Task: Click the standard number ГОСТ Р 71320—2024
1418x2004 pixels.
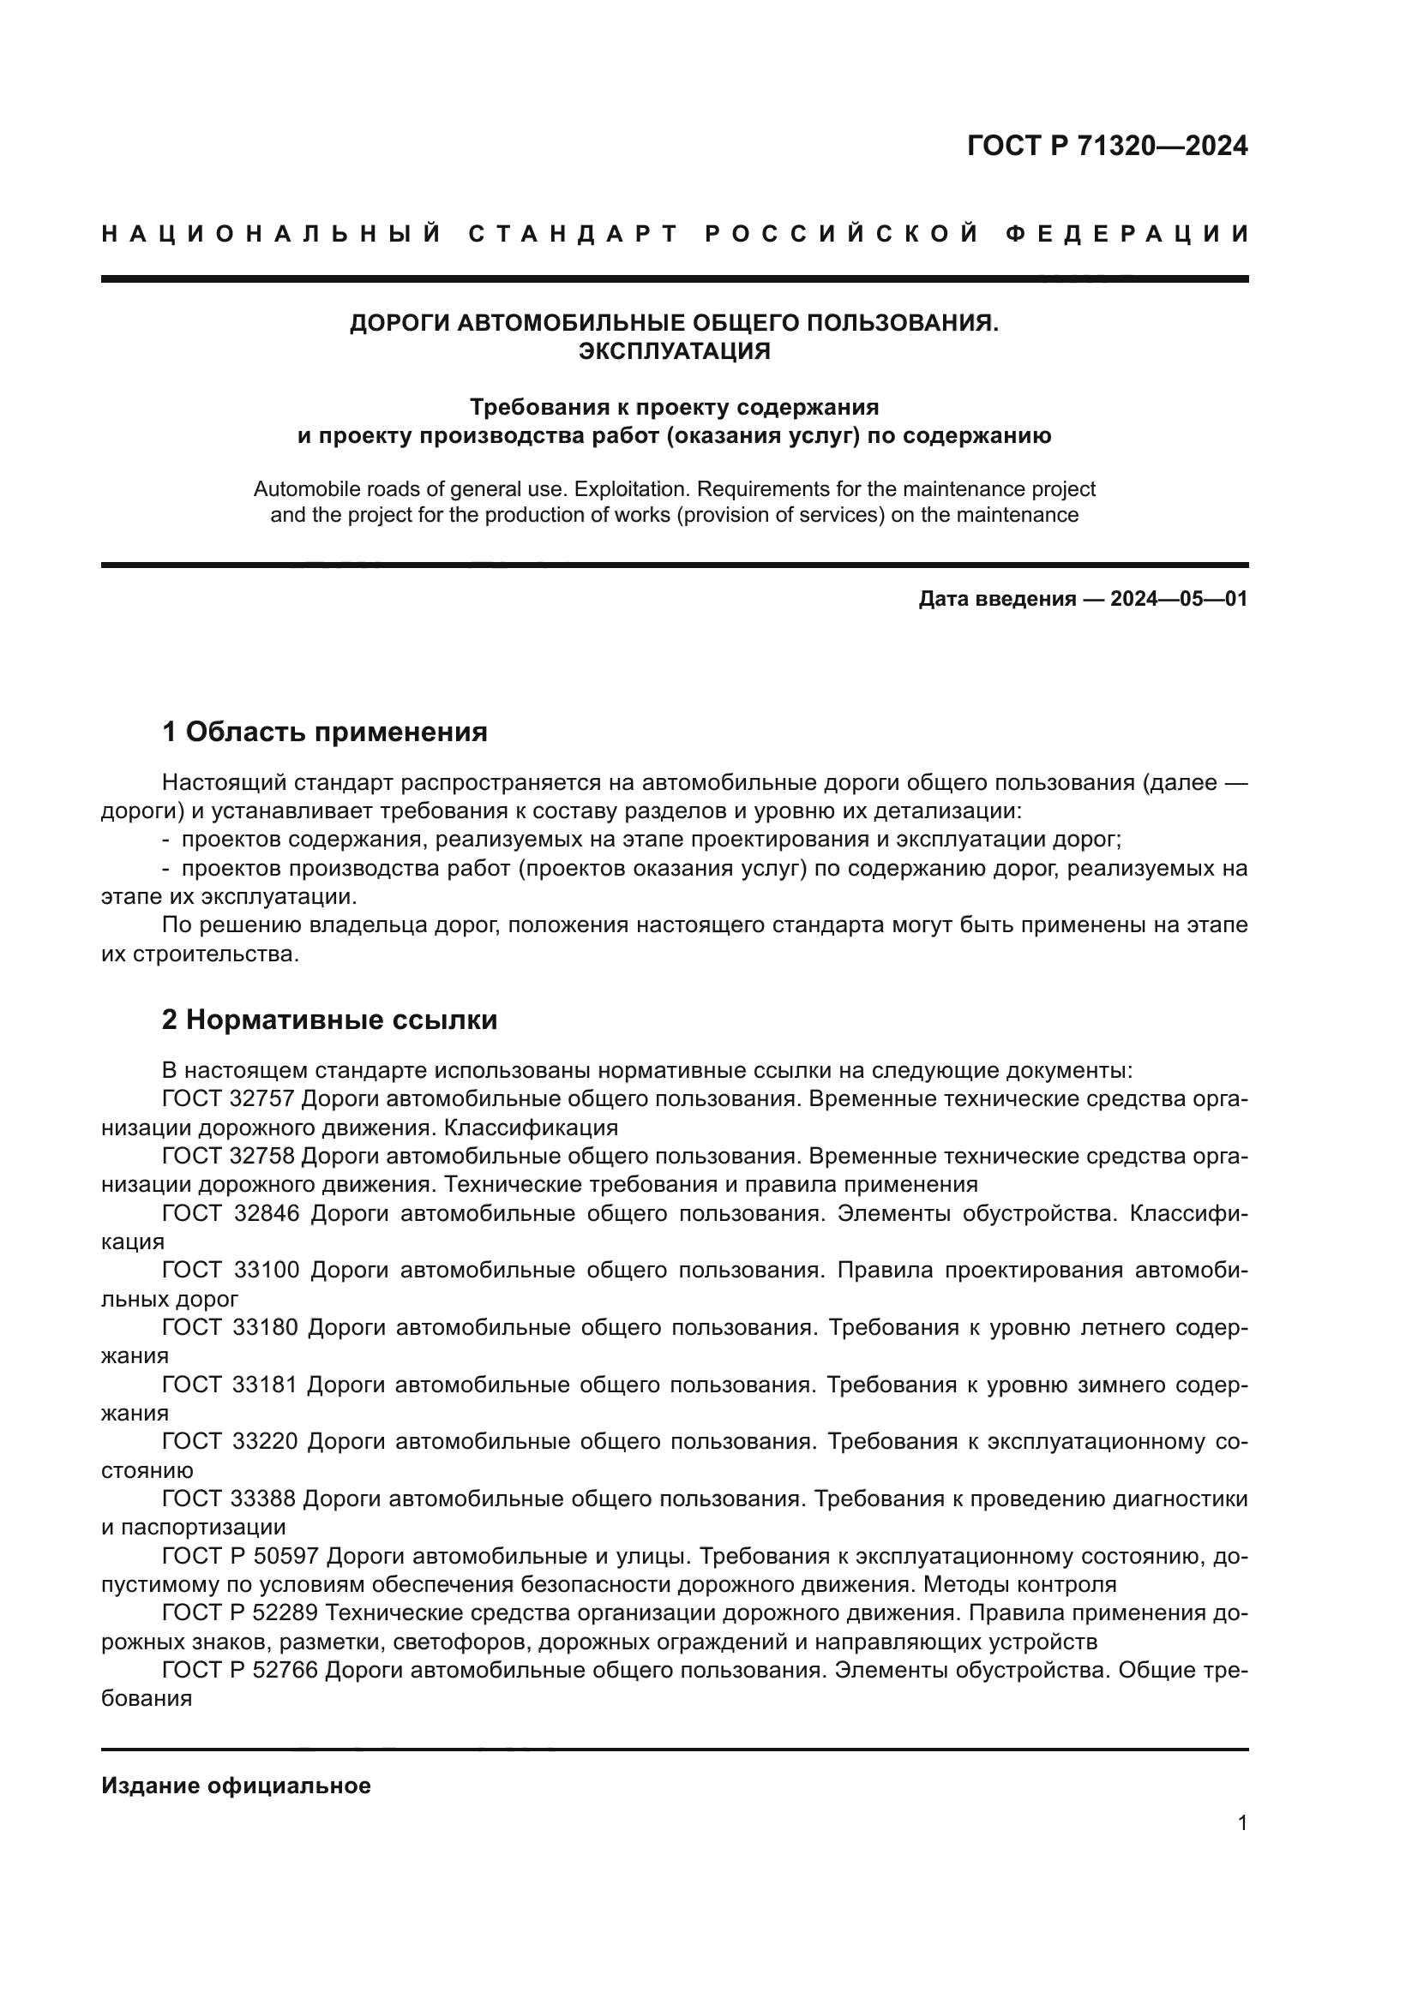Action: tap(1107, 146)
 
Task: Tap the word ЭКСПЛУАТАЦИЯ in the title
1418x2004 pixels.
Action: tap(674, 351)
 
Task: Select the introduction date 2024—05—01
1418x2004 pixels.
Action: tap(1179, 599)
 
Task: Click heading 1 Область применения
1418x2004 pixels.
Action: tap(325, 732)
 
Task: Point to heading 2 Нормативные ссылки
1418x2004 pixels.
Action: tap(329, 1020)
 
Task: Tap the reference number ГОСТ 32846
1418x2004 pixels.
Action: tap(231, 1213)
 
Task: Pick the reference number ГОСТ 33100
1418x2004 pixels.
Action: tap(231, 1270)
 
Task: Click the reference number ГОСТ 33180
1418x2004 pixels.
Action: tap(231, 1327)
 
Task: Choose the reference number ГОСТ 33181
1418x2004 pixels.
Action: tap(231, 1385)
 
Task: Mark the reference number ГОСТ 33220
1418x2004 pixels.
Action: tap(231, 1441)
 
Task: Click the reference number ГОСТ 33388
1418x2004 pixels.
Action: tap(231, 1499)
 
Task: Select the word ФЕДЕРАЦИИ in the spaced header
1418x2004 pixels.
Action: tap(1127, 234)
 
